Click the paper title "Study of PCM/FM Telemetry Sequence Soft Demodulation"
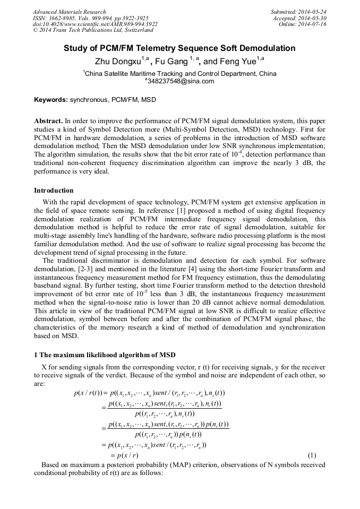click(179, 48)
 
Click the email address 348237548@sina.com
click(181, 81)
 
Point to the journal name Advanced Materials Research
click(69, 12)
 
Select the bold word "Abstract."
click(49, 121)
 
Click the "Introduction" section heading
click(54, 190)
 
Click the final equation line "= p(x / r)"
click(124, 455)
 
